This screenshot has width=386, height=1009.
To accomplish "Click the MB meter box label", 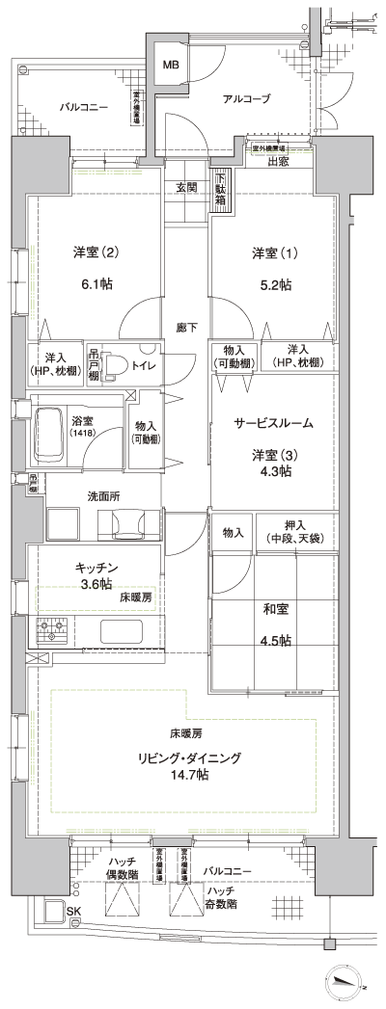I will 170,65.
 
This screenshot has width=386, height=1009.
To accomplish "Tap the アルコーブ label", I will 246,98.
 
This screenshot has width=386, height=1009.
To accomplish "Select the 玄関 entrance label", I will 186,187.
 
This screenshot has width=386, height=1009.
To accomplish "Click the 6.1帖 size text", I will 96,284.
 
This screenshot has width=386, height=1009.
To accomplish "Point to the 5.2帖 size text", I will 274,284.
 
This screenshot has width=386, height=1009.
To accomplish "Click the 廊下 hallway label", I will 186,329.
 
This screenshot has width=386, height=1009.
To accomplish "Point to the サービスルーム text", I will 273,423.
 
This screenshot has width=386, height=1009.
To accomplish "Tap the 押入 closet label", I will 294,525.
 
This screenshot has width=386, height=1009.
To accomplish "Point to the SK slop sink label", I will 71,912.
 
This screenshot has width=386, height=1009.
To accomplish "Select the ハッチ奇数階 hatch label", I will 224,879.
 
